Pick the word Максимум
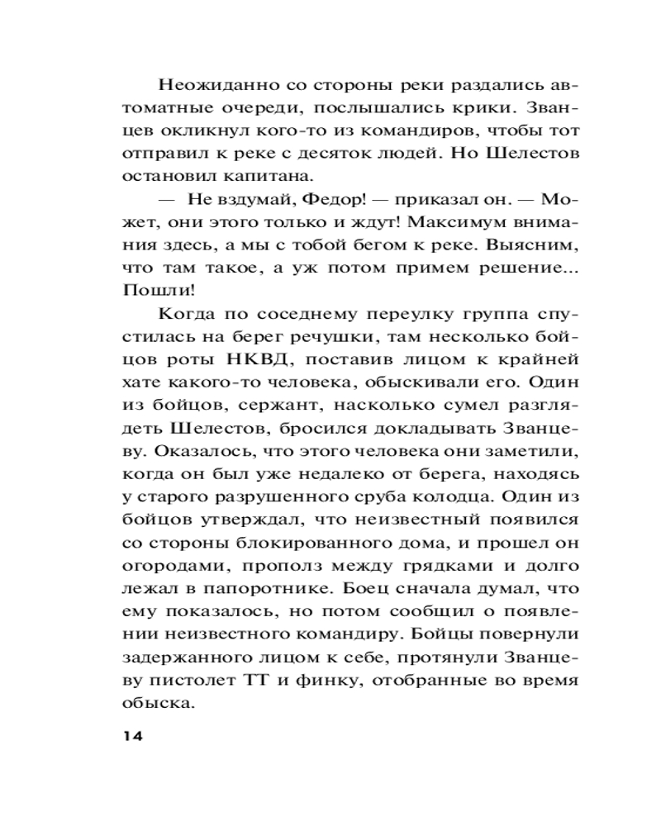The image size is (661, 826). coord(456,223)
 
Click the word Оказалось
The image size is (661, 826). coord(188,451)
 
